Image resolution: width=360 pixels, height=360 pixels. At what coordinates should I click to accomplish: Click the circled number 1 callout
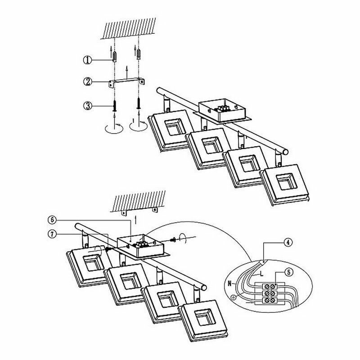(87, 59)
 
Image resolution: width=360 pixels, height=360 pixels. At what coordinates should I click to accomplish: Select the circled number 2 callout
(87, 82)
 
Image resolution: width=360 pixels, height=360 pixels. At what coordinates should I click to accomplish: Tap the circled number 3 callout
(87, 106)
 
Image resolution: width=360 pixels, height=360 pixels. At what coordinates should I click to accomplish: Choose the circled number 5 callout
(289, 272)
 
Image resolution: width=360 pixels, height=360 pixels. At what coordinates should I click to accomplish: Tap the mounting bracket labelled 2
(127, 82)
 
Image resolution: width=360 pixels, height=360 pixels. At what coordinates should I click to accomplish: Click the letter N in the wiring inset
(229, 283)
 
